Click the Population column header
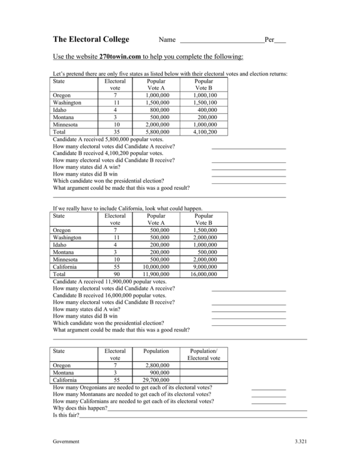[156, 351]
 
